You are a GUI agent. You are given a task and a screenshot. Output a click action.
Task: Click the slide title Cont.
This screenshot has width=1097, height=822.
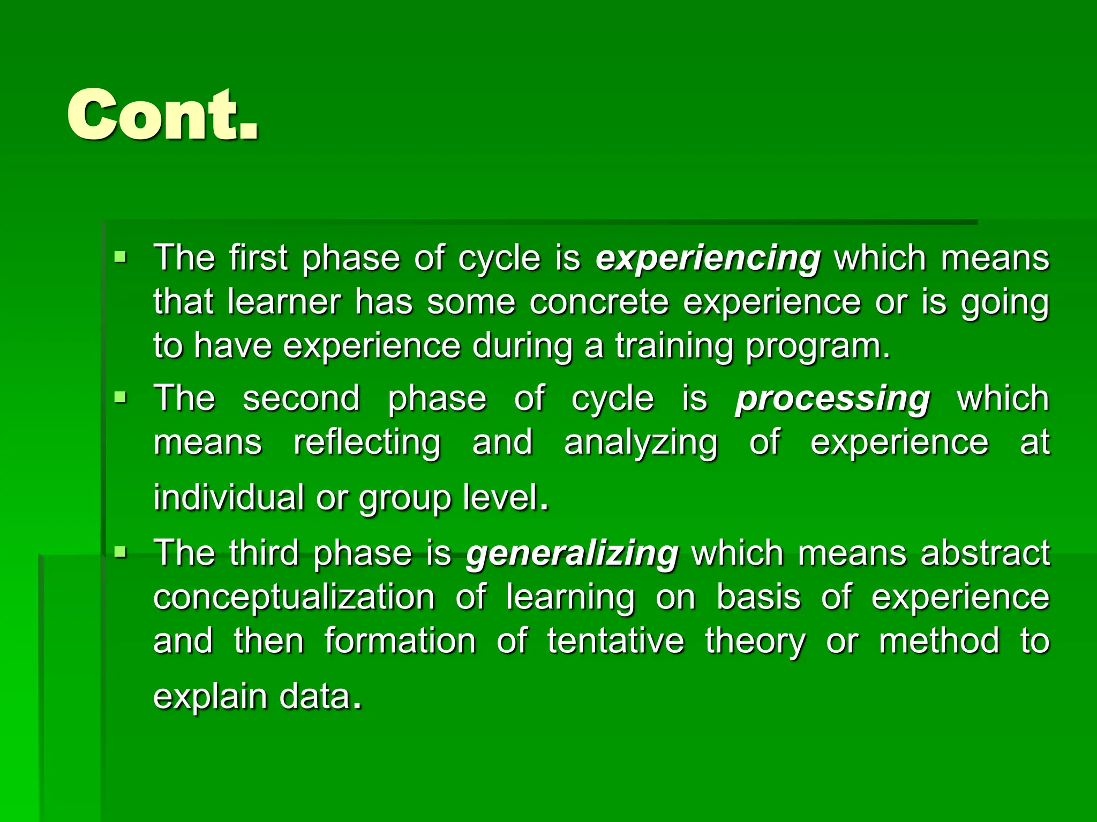tap(163, 115)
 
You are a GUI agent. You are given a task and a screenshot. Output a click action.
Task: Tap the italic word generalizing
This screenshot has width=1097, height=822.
tap(572, 553)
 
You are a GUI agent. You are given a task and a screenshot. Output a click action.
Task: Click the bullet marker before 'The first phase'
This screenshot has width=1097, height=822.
tap(121, 258)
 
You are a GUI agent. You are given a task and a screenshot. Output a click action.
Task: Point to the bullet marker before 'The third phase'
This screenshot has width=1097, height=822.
tap(121, 552)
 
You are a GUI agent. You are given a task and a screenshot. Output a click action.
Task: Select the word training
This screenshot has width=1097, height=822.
tap(674, 346)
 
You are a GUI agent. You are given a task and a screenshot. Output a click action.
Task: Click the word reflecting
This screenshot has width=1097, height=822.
tap(367, 443)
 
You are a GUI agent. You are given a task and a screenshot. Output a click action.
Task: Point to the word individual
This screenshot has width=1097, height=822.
tap(229, 497)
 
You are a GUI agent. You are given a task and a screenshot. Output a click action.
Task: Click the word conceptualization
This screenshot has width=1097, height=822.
tap(294, 598)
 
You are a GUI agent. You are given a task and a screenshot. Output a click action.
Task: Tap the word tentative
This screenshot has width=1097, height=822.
tap(615, 641)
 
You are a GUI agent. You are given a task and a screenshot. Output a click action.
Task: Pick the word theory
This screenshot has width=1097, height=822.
tap(755, 642)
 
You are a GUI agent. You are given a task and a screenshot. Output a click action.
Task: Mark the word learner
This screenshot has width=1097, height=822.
tap(283, 302)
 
